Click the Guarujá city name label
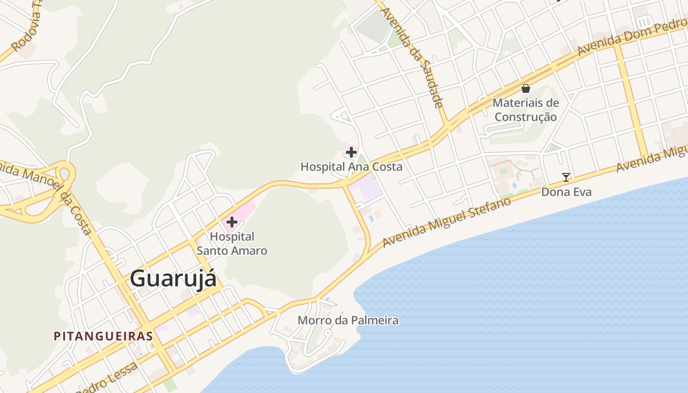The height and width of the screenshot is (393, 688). point(173,279)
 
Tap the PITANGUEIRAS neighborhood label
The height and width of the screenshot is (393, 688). point(103,337)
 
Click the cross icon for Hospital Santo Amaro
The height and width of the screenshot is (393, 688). point(231,222)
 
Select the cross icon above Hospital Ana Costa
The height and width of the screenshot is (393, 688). point(351,153)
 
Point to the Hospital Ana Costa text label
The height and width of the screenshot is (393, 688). point(351,167)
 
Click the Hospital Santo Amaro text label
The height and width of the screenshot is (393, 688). point(232,244)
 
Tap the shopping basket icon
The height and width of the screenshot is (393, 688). point(526,88)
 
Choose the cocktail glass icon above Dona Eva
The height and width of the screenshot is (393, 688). point(566,177)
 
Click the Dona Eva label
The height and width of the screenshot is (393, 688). point(566,192)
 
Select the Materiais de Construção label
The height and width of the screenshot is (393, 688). point(526,110)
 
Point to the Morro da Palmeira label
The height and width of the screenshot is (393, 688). point(348,321)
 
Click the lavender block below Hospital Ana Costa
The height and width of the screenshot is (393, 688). point(368,190)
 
